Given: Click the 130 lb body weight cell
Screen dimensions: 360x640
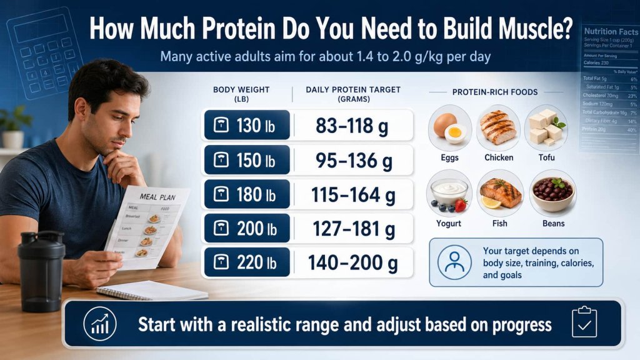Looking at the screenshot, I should (247, 125).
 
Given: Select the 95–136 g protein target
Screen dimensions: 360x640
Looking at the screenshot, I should (353, 161).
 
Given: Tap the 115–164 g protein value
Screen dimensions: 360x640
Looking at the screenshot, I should (353, 196).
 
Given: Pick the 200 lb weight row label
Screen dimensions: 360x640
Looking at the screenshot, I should (247, 229).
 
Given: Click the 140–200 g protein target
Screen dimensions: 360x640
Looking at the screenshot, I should (353, 263).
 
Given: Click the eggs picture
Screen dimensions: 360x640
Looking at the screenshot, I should (449, 127).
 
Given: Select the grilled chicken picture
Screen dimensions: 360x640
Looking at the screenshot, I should (498, 127).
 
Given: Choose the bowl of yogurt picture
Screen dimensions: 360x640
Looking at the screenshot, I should (449, 192).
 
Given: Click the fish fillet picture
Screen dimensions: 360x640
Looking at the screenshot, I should (499, 192).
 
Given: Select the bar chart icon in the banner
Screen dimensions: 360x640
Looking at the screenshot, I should (99, 324).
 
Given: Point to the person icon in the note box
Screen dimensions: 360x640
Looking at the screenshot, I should (454, 262).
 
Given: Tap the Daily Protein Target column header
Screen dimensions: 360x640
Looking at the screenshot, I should (353, 94).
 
